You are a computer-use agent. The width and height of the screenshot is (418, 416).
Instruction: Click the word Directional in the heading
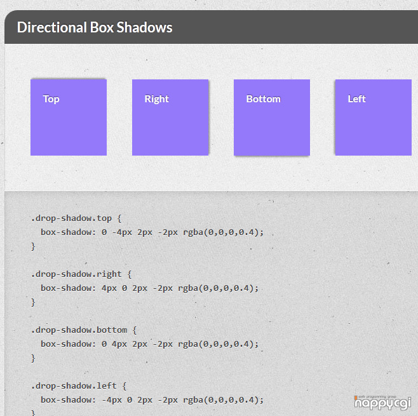52,27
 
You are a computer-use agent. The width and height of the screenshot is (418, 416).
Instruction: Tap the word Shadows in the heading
144,27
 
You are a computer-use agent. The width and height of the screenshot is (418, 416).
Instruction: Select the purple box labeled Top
69,117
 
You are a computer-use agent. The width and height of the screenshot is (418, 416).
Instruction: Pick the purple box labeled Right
170,117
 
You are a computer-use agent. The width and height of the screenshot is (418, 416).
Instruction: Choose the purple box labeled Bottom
272,117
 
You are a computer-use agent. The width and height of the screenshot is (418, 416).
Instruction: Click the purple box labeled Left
374,117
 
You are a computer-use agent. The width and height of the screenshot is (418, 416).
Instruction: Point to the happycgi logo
382,403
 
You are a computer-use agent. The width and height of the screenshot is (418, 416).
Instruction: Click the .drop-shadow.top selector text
71,218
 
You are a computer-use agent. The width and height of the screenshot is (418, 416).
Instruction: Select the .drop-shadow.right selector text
76,274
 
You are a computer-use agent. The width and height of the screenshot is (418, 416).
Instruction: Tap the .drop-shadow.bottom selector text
79,330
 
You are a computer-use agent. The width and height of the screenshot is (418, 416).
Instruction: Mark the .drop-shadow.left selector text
74,386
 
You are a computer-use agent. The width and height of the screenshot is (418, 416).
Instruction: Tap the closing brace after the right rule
33,302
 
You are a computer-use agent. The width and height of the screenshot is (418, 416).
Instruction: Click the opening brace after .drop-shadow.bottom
135,330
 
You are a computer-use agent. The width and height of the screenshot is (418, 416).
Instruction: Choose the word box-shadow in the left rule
68,400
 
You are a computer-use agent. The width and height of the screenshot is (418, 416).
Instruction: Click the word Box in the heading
102,27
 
